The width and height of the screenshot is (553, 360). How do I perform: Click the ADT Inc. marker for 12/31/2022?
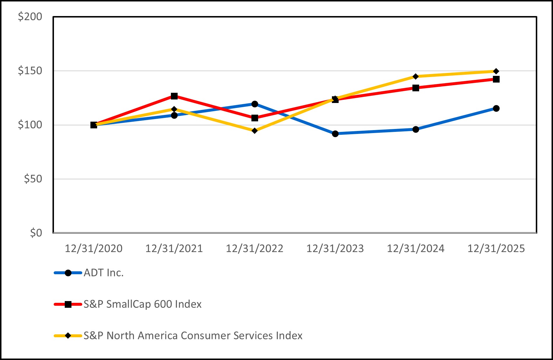255,104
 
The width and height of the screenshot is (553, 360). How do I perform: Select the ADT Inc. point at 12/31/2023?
335,134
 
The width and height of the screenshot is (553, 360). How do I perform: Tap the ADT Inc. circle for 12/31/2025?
496,109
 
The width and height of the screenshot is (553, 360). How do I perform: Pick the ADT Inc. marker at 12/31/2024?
416,129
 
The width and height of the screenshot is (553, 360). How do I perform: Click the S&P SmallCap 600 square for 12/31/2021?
174,96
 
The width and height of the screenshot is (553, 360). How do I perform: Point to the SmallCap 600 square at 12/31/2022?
255,118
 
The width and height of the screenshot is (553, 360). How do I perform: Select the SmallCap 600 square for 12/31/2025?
496,79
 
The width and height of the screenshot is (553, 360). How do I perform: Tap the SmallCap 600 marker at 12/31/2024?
416,88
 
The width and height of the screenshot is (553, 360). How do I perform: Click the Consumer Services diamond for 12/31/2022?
255,131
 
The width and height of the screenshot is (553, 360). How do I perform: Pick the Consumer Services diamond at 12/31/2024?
416,76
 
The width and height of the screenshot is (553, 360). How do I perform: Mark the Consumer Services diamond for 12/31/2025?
496,71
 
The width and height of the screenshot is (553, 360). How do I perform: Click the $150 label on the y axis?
30,71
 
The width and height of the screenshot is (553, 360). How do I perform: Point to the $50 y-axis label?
33,179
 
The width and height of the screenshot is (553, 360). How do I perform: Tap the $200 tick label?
30,17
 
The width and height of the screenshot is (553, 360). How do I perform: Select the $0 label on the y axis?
36,233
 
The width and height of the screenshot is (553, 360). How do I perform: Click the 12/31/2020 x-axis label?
94,249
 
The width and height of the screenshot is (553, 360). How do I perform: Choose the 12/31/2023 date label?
335,249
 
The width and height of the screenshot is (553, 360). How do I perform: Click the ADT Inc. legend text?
104,273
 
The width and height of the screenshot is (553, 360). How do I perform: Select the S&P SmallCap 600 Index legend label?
143,304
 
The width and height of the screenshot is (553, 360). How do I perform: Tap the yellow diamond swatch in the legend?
68,336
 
